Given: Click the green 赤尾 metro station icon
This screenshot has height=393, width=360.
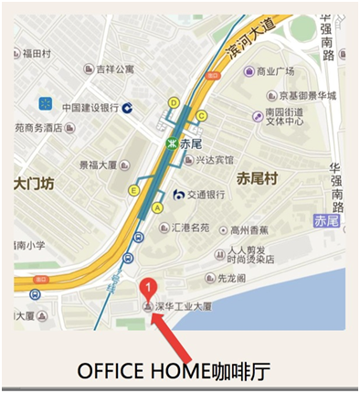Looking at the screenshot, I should (171, 143).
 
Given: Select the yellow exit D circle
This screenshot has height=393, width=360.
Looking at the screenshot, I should (174, 103).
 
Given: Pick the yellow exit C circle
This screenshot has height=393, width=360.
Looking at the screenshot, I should (203, 115).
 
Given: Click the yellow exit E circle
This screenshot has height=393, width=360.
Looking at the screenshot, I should (134, 190).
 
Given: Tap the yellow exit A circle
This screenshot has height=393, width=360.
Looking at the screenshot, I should (157, 207).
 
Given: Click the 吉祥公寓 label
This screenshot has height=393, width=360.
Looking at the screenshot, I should (115, 69).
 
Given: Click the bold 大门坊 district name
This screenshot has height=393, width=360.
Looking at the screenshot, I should (34, 184).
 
